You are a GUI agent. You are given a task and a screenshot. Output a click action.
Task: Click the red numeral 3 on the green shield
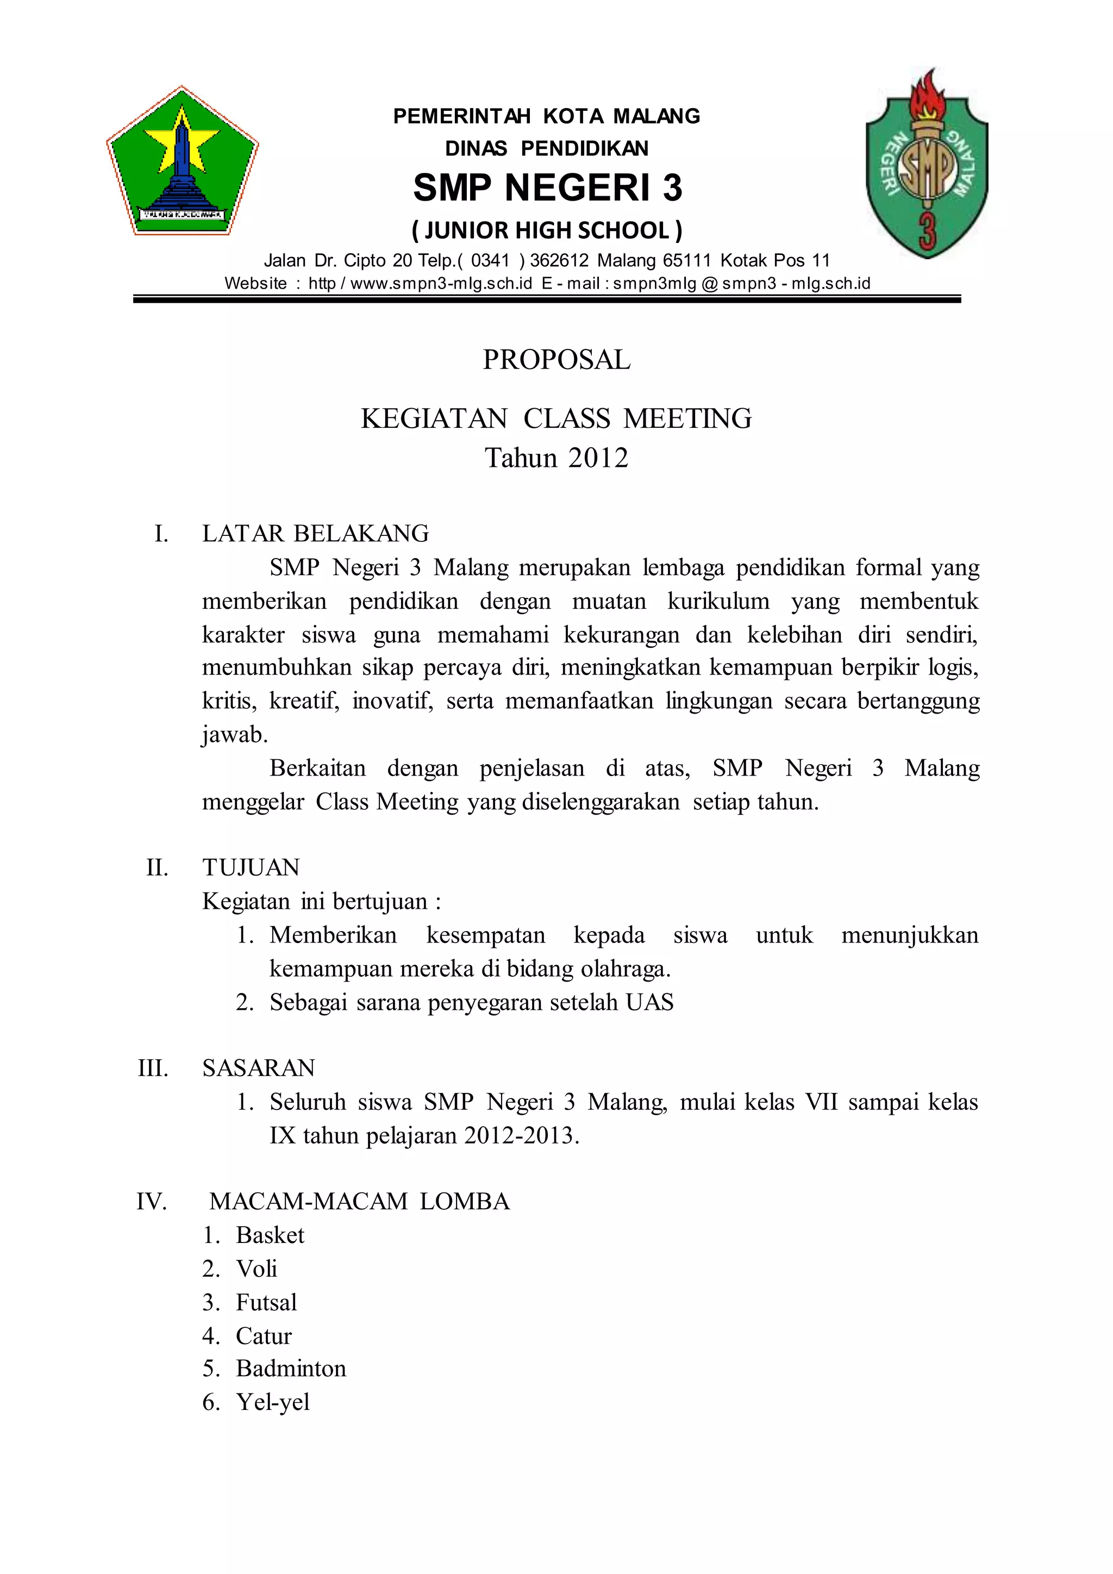click(927, 230)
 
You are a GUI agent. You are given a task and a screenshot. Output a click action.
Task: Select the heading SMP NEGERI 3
click(548, 188)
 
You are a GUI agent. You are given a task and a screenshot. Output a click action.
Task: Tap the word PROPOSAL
click(556, 360)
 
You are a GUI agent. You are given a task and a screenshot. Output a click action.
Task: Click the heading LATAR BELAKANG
click(315, 533)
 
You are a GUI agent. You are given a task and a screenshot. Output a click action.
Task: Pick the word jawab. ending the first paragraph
click(234, 735)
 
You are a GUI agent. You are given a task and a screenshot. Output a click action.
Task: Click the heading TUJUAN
click(251, 868)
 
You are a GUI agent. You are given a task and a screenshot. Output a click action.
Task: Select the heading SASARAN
click(258, 1068)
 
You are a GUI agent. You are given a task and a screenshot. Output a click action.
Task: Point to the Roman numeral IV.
click(152, 1202)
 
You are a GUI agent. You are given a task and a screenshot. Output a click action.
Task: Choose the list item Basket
click(270, 1235)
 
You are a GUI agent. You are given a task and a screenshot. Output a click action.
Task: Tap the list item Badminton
click(291, 1369)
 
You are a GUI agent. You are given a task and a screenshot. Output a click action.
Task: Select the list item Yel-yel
click(273, 1402)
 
